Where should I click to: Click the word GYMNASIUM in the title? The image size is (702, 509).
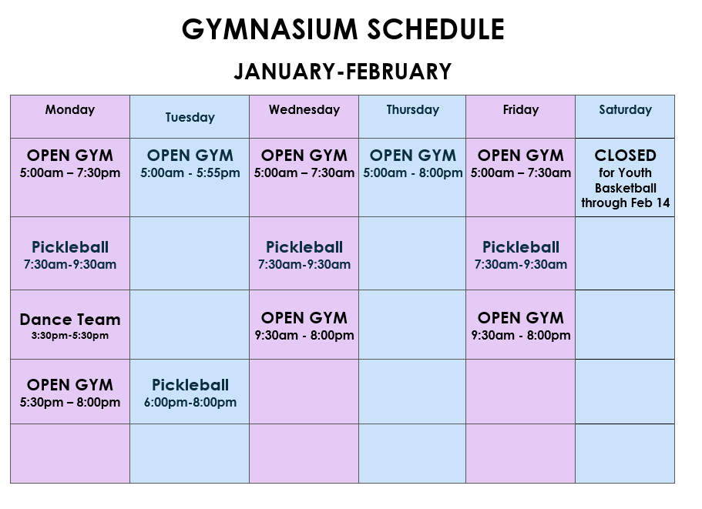pos(270,29)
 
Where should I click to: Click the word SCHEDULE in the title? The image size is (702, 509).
pos(435,29)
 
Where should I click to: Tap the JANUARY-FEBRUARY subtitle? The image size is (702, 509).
pos(343,72)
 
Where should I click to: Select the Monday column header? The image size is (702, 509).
pos(70,110)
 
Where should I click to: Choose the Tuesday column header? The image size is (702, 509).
pos(190,118)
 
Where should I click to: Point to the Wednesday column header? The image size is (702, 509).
pos(304,109)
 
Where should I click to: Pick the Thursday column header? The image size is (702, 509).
pos(413,110)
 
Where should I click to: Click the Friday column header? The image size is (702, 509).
pos(521,110)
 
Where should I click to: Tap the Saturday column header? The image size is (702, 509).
pos(626,110)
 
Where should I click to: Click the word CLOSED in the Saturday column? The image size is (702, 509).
pos(626,156)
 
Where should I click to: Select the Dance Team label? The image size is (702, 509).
pos(70,320)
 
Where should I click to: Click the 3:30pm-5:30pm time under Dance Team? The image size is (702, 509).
pos(70,336)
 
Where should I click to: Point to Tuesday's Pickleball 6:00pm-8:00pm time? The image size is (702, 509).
pos(190,402)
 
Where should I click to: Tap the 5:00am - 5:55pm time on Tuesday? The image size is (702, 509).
pos(190,172)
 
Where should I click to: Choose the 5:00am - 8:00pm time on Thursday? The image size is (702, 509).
pos(413,172)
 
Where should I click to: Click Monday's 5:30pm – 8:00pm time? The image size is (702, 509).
pos(70,402)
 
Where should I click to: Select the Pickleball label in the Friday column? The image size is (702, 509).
pos(521,247)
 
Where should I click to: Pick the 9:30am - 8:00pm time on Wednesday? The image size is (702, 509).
pos(304,335)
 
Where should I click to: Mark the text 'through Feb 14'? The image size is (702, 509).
pos(626,203)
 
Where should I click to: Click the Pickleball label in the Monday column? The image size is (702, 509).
pos(70,247)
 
